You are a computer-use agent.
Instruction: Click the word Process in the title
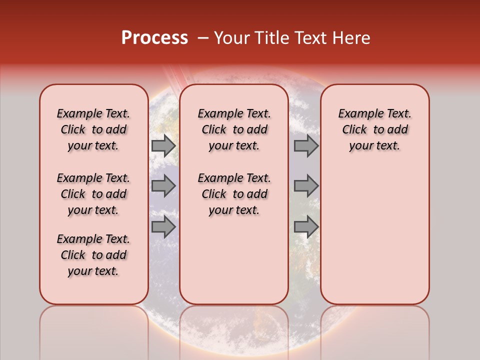click(x=154, y=38)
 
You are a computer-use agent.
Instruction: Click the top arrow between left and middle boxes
click(x=163, y=146)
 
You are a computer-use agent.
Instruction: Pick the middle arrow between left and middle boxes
click(x=163, y=186)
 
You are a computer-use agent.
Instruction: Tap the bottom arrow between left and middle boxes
click(x=163, y=227)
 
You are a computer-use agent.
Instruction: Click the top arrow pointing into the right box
click(x=306, y=146)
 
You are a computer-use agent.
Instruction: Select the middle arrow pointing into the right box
click(x=306, y=186)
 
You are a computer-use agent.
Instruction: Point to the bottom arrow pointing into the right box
click(x=306, y=227)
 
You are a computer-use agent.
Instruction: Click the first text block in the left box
click(x=93, y=129)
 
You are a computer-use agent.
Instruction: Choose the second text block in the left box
click(x=93, y=194)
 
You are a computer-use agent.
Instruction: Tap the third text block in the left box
click(x=93, y=255)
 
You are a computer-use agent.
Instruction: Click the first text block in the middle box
click(x=234, y=129)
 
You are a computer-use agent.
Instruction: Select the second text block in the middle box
click(x=234, y=194)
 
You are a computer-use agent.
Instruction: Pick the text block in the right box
click(x=374, y=129)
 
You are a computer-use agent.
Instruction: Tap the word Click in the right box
click(x=354, y=130)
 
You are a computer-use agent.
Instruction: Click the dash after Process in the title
click(x=203, y=38)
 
